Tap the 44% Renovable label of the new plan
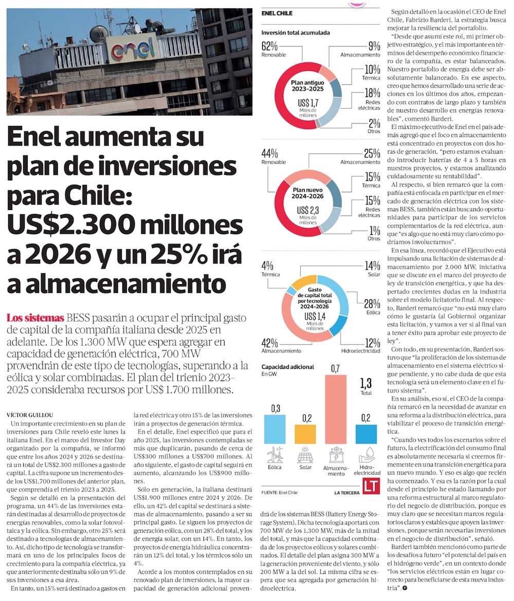click(270, 157)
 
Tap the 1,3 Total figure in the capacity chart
click(366, 386)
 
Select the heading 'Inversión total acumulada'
click(295, 33)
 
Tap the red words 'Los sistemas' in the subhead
click(35, 317)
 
